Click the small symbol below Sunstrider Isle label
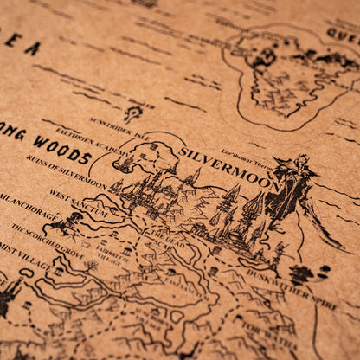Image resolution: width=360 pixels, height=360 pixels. click(132, 112)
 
